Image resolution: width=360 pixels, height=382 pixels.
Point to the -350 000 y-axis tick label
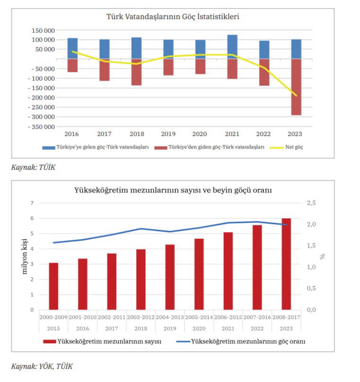click(41, 127)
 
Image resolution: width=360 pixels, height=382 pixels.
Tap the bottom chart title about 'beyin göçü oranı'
click(173, 190)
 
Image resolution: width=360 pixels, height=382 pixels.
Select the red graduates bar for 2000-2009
click(54, 286)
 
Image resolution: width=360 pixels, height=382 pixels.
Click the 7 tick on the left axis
click(32, 203)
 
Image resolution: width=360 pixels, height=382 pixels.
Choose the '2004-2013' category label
click(170, 317)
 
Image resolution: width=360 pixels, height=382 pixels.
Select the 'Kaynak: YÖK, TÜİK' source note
click(42, 366)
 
